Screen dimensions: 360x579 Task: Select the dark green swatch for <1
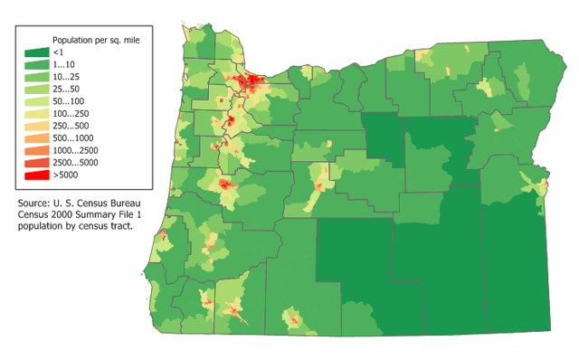point(36,53)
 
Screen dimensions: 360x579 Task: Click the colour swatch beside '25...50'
point(36,90)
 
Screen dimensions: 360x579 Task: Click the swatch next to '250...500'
point(36,126)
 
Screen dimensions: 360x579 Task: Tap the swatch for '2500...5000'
point(36,162)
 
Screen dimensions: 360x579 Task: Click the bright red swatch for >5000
point(36,174)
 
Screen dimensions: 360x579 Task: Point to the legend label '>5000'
point(65,174)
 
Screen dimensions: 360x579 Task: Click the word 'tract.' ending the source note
point(120,226)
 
